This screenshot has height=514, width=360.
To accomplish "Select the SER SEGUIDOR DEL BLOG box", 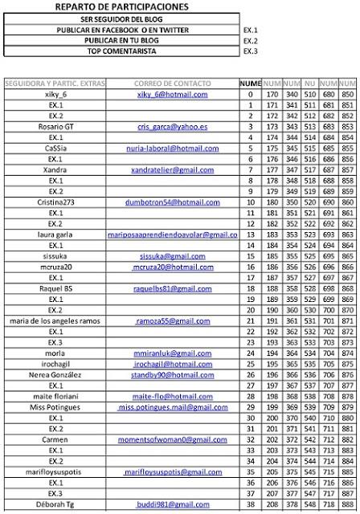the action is click(122, 18).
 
